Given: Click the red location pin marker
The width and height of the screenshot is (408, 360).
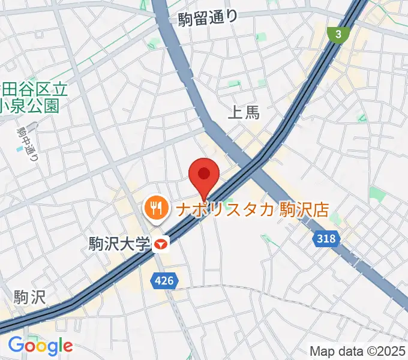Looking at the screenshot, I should (x=204, y=175).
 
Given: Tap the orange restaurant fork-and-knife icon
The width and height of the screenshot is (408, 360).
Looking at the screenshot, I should (x=157, y=208).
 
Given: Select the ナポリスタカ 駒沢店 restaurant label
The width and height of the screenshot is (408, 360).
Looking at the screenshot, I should (x=252, y=209).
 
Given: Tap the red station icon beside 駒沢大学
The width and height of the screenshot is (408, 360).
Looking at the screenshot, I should (x=161, y=244).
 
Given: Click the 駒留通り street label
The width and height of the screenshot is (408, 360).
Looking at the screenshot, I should (x=208, y=19).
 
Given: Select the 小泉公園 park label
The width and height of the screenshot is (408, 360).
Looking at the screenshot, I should (x=29, y=106).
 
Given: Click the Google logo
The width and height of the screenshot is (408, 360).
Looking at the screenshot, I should (x=40, y=346).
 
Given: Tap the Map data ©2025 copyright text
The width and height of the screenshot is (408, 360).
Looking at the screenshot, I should (x=358, y=350).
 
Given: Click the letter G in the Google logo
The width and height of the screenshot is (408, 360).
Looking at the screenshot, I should (x=16, y=345).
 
